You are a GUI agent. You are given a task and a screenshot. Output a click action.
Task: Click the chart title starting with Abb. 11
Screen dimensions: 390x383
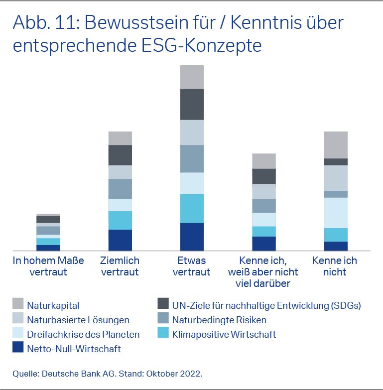(178, 33)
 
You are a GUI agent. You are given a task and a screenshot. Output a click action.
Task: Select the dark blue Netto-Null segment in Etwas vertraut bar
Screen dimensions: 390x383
(192, 237)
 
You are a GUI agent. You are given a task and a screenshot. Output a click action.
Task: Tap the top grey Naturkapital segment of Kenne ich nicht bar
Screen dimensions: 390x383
(336, 144)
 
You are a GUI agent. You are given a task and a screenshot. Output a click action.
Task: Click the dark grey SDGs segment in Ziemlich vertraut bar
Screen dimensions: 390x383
(120, 155)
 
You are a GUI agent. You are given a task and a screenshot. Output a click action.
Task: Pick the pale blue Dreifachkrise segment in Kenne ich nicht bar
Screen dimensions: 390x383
(336, 213)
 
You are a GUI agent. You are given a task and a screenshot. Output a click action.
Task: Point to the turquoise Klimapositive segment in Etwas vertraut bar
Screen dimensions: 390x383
(192, 208)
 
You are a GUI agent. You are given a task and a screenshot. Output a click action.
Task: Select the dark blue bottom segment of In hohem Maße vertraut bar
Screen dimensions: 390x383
(48, 248)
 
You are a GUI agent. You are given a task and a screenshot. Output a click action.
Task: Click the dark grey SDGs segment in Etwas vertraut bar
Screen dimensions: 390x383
(192, 104)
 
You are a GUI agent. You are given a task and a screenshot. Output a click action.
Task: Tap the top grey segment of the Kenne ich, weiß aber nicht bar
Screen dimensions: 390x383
(264, 161)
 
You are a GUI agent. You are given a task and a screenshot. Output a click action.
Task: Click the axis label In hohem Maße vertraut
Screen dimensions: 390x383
(48, 266)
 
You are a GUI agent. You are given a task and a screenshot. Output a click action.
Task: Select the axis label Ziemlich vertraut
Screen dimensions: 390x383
(120, 266)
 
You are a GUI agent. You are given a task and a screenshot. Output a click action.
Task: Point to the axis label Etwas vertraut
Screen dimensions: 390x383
(192, 266)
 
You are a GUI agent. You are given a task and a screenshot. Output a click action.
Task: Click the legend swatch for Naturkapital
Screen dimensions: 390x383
(18, 304)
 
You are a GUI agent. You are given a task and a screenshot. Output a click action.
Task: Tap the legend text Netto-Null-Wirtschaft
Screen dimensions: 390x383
(74, 349)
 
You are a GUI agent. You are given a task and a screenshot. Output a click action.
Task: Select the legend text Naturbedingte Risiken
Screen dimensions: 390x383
(219, 319)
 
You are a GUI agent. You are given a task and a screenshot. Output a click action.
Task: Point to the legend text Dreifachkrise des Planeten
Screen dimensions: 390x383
(83, 334)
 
